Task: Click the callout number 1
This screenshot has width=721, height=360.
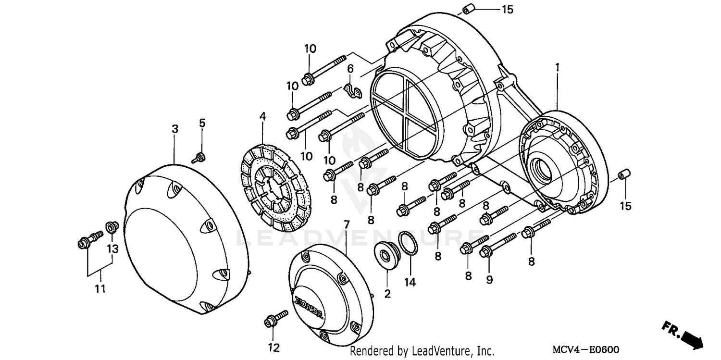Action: point(558,68)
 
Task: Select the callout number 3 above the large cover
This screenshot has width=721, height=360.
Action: point(175,129)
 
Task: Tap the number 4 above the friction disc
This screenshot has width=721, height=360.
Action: point(262,116)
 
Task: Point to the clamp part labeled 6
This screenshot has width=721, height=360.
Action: point(355,91)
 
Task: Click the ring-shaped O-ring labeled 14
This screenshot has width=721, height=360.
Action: point(409,244)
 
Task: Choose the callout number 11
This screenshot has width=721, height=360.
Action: point(101,289)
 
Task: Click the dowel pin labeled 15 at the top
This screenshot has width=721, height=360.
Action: point(469,9)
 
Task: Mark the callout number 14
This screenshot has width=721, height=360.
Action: point(410,283)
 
